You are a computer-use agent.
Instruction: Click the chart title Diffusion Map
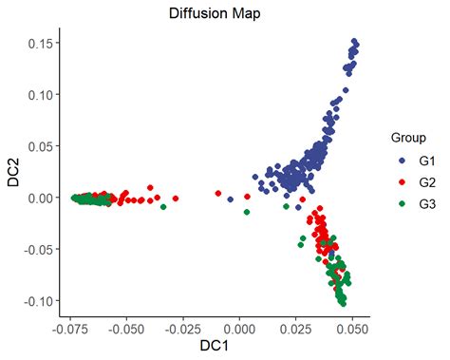pyautogui.click(x=215, y=14)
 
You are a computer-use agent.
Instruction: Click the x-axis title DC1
pyautogui.click(x=215, y=349)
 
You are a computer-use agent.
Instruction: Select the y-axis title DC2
pyautogui.click(x=12, y=172)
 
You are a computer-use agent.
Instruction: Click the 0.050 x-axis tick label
pyautogui.click(x=352, y=329)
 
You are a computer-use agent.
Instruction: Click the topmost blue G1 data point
pyautogui.click(x=354, y=42)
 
